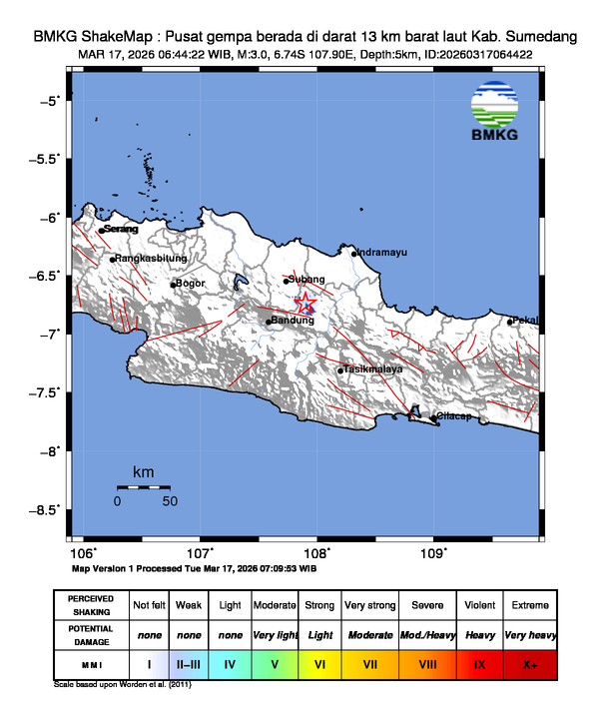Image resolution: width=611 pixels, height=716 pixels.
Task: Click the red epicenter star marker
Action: click(306, 304)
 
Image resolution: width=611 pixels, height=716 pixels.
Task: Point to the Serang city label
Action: click(121, 229)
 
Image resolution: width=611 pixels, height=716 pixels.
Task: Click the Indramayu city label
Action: click(382, 253)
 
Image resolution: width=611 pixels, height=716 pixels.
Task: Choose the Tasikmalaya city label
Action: click(374, 369)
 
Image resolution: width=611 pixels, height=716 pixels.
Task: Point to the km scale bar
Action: click(143, 487)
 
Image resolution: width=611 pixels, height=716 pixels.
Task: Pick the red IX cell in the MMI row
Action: click(479, 663)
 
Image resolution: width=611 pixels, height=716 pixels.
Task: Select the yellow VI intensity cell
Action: click(320, 663)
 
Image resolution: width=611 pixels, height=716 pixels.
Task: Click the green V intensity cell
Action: click(275, 663)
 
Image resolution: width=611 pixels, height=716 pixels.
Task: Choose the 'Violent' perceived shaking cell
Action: click(479, 605)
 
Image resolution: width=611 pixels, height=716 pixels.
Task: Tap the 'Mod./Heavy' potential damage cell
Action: click(427, 635)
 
